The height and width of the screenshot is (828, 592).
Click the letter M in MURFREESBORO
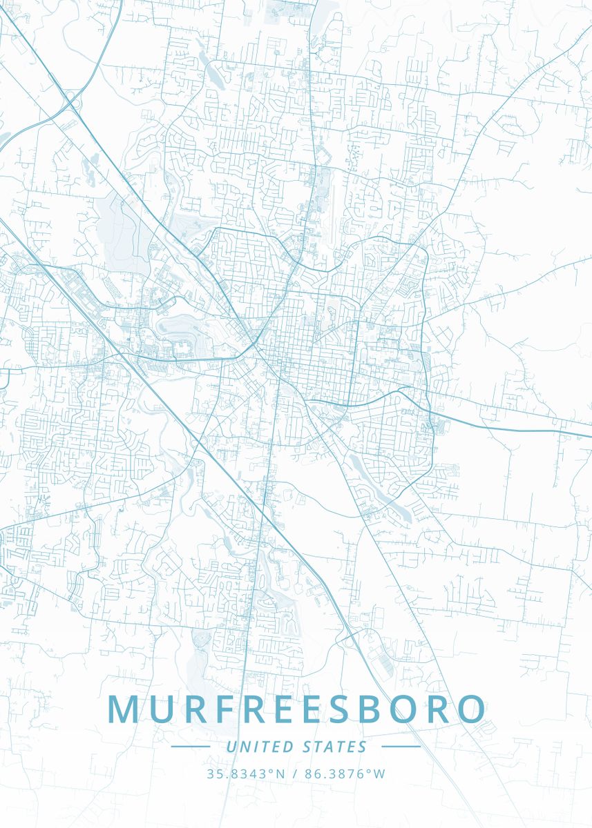coord(124,709)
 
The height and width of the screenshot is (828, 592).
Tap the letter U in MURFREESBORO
coord(163,709)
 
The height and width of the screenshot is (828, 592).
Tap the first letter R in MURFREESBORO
coord(198,709)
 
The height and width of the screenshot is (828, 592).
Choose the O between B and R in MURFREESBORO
coord(394,709)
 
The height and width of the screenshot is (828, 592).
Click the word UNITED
coord(260,747)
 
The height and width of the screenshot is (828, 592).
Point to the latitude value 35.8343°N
coord(246,774)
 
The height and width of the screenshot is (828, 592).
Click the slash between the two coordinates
coord(295,774)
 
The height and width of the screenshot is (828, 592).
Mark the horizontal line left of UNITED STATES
coord(190,747)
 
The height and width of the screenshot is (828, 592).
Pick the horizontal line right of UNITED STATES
coord(401,747)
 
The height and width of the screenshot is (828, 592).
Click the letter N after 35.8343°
coord(280,774)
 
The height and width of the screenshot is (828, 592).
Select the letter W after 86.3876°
coord(379,774)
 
